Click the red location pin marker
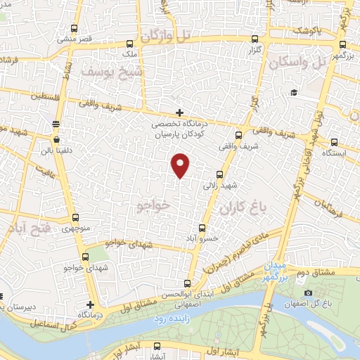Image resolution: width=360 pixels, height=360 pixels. click(x=181, y=165)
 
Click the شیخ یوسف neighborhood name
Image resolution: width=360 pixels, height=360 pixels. click(x=112, y=71)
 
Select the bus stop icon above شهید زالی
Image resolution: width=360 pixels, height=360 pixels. click(x=220, y=174)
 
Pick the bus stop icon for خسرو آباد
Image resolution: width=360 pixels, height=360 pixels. click(x=202, y=228)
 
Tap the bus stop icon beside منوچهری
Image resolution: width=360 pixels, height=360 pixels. click(x=76, y=218)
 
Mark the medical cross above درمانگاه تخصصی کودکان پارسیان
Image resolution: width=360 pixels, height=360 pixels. click(x=180, y=112)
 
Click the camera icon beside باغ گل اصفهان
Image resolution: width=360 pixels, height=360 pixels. click(x=308, y=293)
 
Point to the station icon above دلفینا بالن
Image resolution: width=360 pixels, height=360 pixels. click(x=56, y=124)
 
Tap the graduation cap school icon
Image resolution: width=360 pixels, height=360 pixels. click(x=293, y=93)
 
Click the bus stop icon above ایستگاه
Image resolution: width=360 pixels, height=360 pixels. click(x=333, y=141)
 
